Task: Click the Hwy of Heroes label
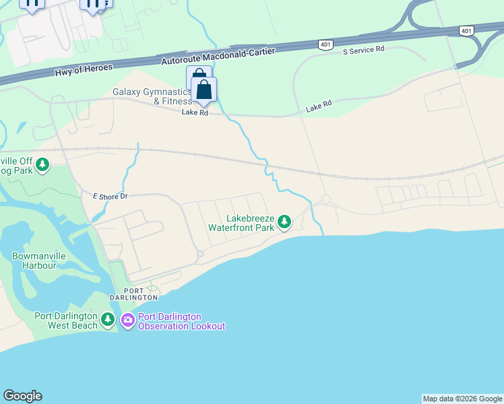[84, 67]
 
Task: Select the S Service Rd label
[363, 50]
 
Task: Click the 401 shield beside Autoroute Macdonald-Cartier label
[325, 44]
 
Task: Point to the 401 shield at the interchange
[467, 30]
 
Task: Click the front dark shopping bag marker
[203, 90]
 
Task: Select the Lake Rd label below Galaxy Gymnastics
[194, 112]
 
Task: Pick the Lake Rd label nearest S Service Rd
[319, 106]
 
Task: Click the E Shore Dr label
[110, 196]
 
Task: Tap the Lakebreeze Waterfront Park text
[250, 223]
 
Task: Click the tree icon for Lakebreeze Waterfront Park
[284, 221]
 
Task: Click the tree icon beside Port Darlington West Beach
[108, 318]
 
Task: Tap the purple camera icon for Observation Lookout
[127, 321]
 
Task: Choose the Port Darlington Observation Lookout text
[181, 322]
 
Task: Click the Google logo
[22, 396]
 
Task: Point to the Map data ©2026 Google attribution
[462, 399]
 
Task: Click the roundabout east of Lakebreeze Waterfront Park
[326, 199]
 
